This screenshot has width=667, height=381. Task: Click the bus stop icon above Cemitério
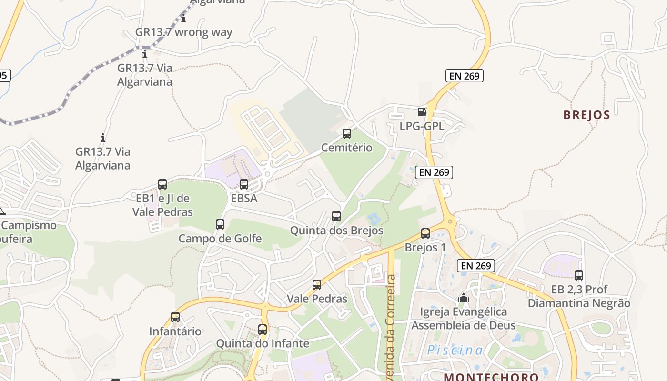click(x=347, y=134)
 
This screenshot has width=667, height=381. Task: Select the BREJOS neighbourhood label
click(x=586, y=115)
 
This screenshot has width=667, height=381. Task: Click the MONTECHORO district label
click(x=491, y=376)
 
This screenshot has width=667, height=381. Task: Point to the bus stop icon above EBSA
click(x=244, y=184)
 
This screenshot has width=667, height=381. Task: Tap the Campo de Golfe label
click(x=220, y=238)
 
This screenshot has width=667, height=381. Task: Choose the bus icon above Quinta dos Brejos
click(x=336, y=216)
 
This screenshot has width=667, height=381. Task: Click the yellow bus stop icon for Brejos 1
click(x=425, y=233)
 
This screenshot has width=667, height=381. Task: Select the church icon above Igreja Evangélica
click(x=464, y=298)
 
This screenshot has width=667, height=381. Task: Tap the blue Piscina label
click(x=455, y=351)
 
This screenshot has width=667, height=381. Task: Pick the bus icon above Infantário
click(x=175, y=317)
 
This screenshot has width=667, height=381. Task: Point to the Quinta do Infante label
click(x=263, y=343)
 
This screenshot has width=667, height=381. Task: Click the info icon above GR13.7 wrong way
click(x=183, y=19)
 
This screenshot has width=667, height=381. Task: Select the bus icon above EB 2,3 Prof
click(x=579, y=275)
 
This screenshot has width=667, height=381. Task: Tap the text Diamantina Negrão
click(x=579, y=303)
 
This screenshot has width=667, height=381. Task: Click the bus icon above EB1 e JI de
click(x=162, y=184)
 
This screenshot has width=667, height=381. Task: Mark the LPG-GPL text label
click(x=422, y=126)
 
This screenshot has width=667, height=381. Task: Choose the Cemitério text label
click(x=347, y=148)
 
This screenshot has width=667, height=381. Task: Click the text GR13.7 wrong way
click(x=184, y=32)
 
